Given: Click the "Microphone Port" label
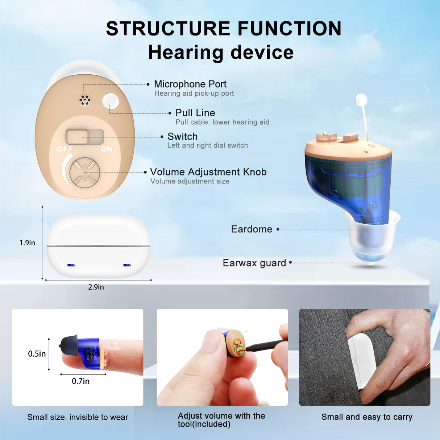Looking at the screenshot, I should tap(190, 84).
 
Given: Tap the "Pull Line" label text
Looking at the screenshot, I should tap(195, 113).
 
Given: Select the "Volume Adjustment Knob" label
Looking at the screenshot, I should tap(208, 172).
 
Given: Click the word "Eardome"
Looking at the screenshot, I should tap(252, 229).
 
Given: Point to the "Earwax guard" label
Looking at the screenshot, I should tap(254, 263).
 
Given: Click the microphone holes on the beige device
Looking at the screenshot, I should tap(85, 100).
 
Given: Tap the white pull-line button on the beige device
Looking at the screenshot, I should tap(110, 101).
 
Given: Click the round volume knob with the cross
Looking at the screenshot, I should tap(85, 173).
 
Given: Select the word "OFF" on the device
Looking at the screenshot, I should tap(65, 149).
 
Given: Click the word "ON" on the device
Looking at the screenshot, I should tap(107, 149).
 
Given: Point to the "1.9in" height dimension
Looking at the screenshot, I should tap(27, 243).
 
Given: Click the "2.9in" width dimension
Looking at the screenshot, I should tap(96, 287).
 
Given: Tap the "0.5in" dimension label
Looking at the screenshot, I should tap(37, 354).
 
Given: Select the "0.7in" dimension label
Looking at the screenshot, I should tap(80, 381).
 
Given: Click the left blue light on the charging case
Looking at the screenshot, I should tap(71, 265).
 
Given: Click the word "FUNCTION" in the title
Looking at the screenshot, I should tap(289, 29).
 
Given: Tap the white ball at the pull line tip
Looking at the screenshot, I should tap(361, 99).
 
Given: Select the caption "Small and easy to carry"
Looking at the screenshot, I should tap(367, 417).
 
